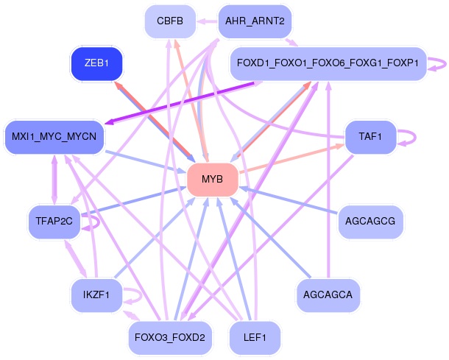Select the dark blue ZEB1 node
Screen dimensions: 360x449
click(96, 64)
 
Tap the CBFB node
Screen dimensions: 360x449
click(170, 21)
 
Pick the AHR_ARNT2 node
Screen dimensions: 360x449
click(255, 21)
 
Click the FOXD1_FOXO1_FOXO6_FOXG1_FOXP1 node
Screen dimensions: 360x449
click(328, 64)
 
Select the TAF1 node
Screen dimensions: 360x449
click(370, 136)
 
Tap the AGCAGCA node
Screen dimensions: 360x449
click(328, 295)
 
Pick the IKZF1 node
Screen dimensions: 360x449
click(96, 295)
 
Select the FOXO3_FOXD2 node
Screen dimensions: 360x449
click(170, 338)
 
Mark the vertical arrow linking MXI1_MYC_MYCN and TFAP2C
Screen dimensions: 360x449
click(54, 180)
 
